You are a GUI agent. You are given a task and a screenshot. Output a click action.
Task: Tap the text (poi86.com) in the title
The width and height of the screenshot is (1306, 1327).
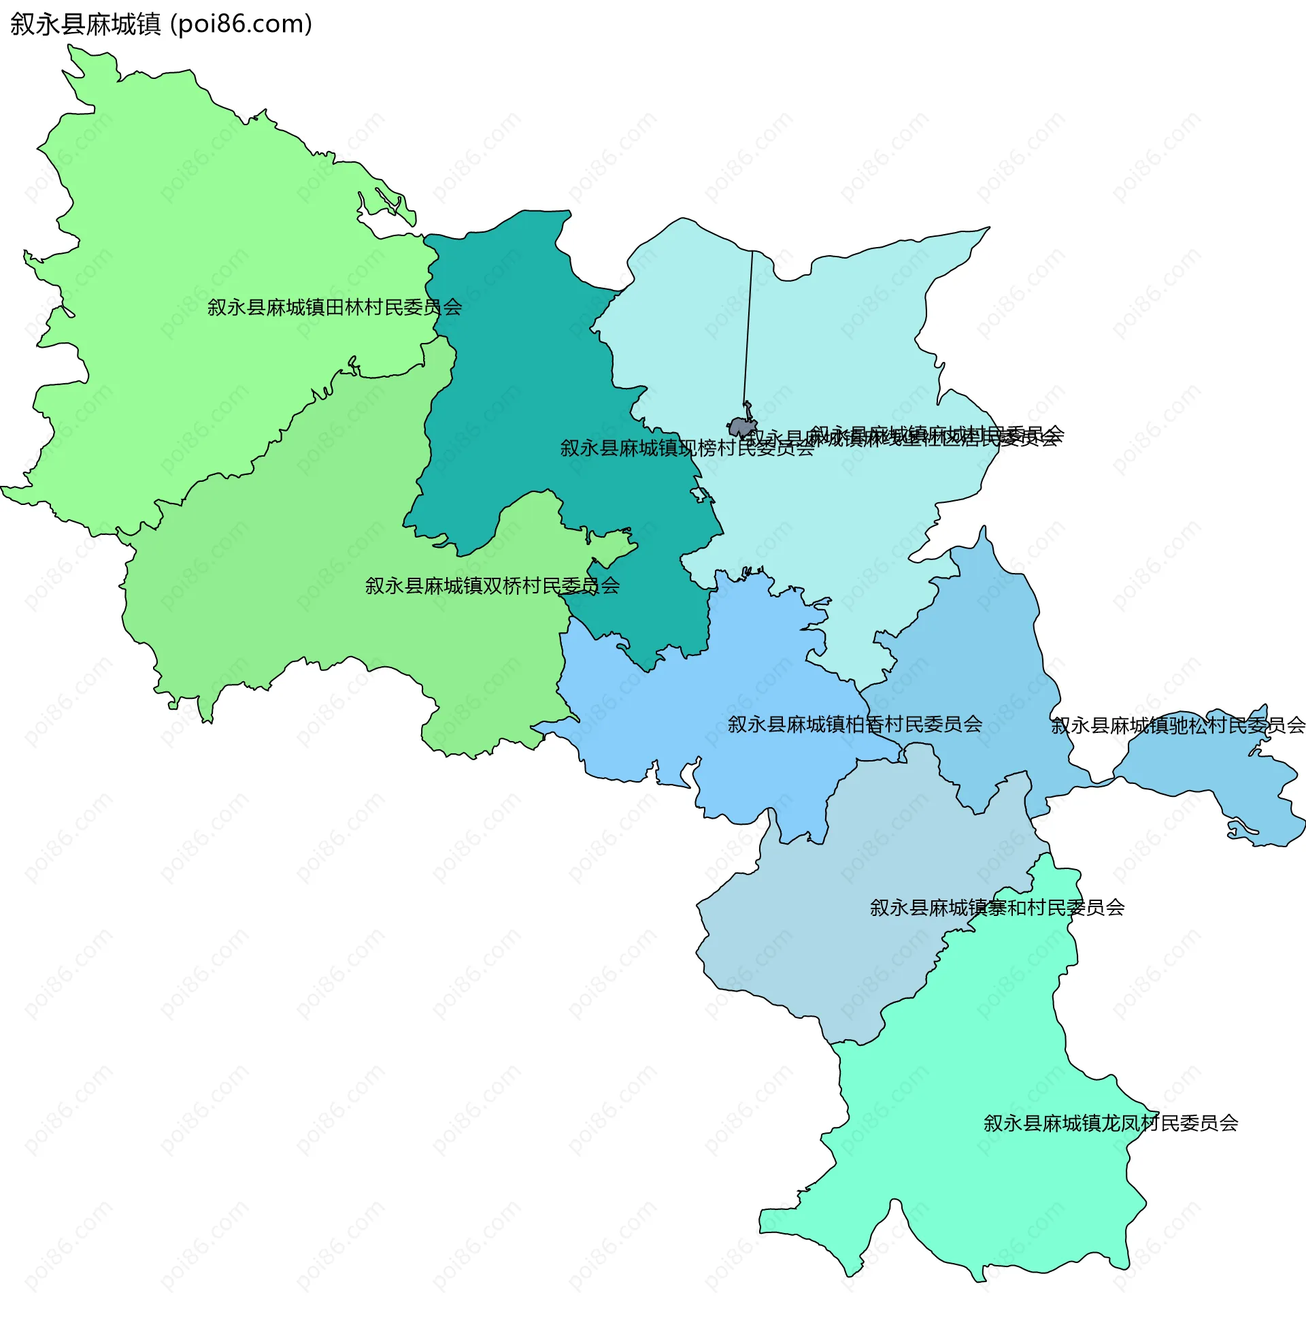coord(241,24)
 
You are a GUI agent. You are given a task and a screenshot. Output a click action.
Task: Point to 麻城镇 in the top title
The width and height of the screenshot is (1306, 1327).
coord(123,24)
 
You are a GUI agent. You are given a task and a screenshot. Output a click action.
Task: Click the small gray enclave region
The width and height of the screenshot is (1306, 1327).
coord(741,428)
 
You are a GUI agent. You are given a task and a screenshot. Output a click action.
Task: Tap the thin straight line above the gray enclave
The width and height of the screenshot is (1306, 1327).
coord(748,323)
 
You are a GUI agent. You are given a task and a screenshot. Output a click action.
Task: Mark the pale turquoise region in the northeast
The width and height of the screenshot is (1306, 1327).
coord(843,343)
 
